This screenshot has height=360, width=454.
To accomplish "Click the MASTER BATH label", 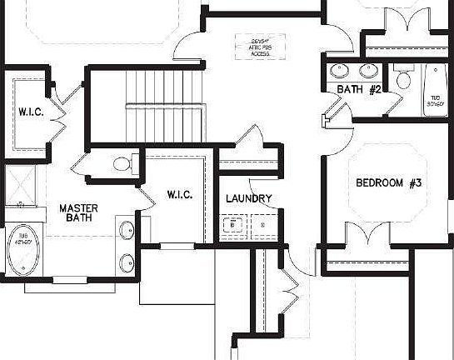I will pyautogui.click(x=79, y=212).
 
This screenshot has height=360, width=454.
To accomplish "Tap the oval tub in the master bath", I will pyautogui.click(x=24, y=247).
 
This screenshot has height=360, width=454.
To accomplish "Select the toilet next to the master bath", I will pyautogui.click(x=122, y=163).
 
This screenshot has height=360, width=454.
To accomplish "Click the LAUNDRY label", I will pyautogui.click(x=248, y=198).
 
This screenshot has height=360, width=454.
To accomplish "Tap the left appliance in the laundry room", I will pyautogui.click(x=233, y=225).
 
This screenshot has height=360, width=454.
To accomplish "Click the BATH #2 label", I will pyautogui.click(x=359, y=89).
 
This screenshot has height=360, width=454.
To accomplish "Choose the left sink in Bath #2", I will pyautogui.click(x=340, y=70).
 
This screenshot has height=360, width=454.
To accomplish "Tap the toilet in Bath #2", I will pyautogui.click(x=403, y=80).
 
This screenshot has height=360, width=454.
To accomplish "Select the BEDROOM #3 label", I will pyautogui.click(x=390, y=182).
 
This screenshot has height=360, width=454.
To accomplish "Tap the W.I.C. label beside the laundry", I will pyautogui.click(x=180, y=194).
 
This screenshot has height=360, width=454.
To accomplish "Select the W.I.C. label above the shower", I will pyautogui.click(x=32, y=111).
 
